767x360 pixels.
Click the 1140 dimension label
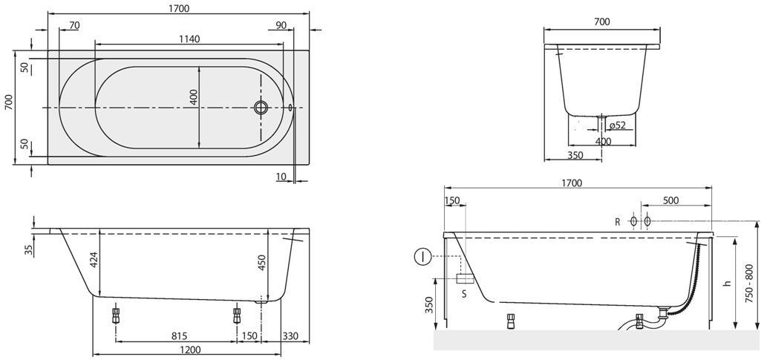[189, 39]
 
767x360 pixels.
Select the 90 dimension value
[281, 25]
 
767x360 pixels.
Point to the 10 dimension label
[281, 177]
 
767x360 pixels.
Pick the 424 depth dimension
[94, 260]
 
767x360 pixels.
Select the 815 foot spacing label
[180, 336]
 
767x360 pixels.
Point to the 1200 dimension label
[189, 350]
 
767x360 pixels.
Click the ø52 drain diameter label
[618, 125]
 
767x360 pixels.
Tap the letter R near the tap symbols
[618, 222]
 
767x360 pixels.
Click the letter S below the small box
[464, 295]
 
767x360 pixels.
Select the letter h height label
[728, 283]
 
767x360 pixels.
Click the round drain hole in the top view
[261, 107]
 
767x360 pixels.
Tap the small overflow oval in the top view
[291, 107]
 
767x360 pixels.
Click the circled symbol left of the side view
[422, 256]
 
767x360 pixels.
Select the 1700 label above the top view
[179, 8]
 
